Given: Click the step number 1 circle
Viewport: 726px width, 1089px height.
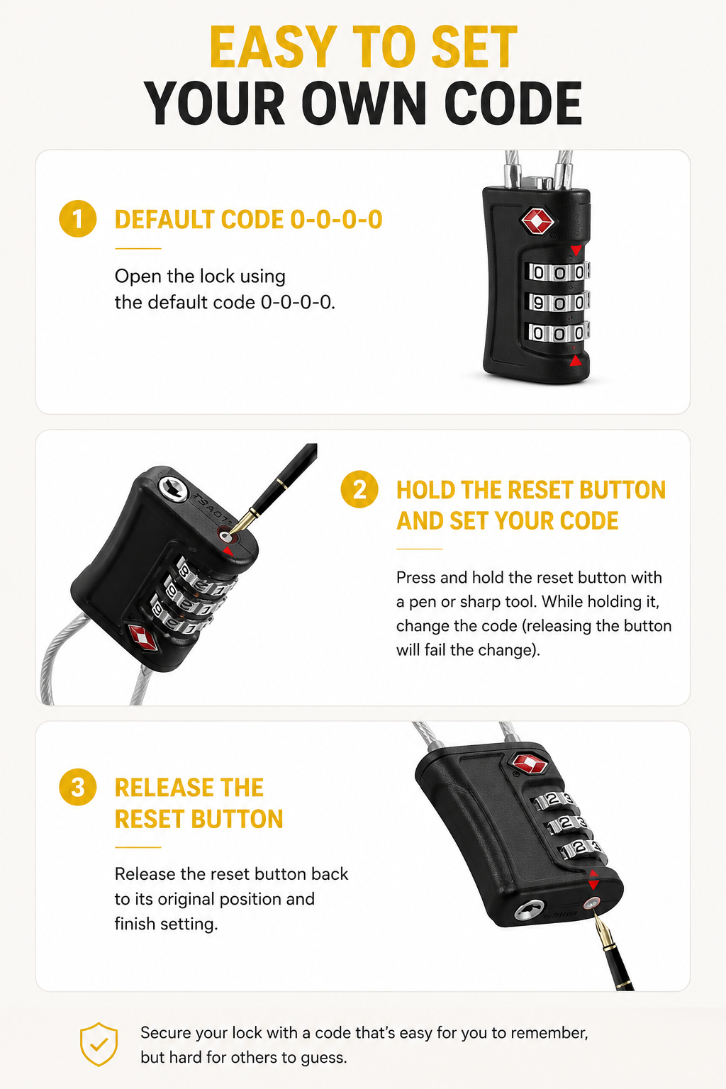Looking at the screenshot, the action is [78, 219].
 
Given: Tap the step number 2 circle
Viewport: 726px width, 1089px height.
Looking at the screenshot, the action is [359, 490].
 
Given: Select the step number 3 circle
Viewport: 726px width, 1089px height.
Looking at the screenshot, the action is [78, 787].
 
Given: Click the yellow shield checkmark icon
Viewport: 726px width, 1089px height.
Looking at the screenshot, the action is [99, 1044].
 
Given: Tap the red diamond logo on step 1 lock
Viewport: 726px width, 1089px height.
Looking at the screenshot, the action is [537, 221].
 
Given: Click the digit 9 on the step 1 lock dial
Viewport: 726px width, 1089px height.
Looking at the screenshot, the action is [538, 303].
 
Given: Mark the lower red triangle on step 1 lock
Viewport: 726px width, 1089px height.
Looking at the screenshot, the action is [576, 360].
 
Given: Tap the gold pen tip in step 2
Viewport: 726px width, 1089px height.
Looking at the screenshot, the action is [238, 523].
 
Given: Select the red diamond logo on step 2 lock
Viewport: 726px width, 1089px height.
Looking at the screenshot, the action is [143, 637].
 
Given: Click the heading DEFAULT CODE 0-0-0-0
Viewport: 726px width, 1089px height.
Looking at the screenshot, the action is [248, 220].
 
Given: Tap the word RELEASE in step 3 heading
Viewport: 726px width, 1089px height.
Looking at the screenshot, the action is [189, 788].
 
